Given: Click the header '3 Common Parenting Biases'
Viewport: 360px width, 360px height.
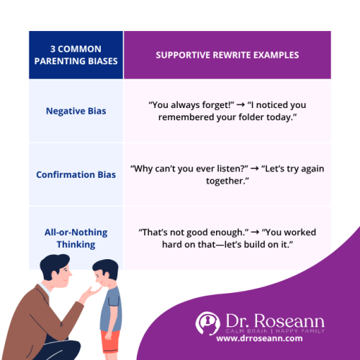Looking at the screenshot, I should click(x=75, y=55).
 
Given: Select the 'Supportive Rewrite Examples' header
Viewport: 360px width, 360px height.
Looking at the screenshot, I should click(x=227, y=55).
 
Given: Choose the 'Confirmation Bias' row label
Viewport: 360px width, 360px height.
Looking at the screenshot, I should click(x=75, y=174).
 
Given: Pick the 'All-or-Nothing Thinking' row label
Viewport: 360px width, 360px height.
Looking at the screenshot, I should click(x=75, y=238).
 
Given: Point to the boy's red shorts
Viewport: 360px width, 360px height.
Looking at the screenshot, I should click(x=110, y=343).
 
